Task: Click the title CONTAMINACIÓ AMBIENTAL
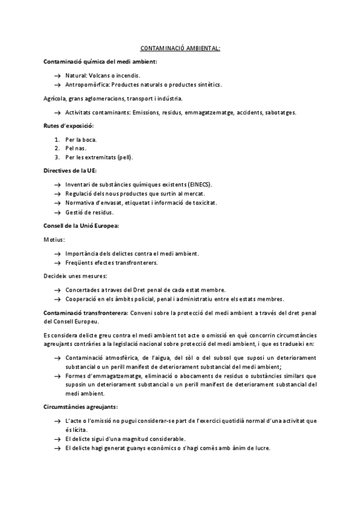[180, 48]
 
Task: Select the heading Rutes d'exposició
[69, 125]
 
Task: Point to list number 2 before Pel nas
[57, 148]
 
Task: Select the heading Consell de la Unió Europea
[82, 226]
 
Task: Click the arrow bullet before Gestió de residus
[57, 212]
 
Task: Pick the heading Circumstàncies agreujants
[81, 407]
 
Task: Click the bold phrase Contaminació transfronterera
[85, 313]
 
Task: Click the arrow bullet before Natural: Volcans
[57, 76]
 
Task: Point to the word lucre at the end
[261, 448]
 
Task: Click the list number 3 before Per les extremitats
[57, 158]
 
